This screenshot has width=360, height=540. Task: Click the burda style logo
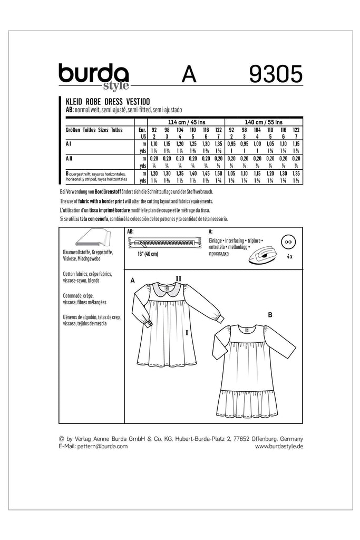tap(93, 76)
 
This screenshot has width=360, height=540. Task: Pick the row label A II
tap(69, 158)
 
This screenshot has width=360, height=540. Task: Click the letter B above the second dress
tap(270, 314)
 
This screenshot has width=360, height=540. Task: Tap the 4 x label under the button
tap(289, 256)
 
